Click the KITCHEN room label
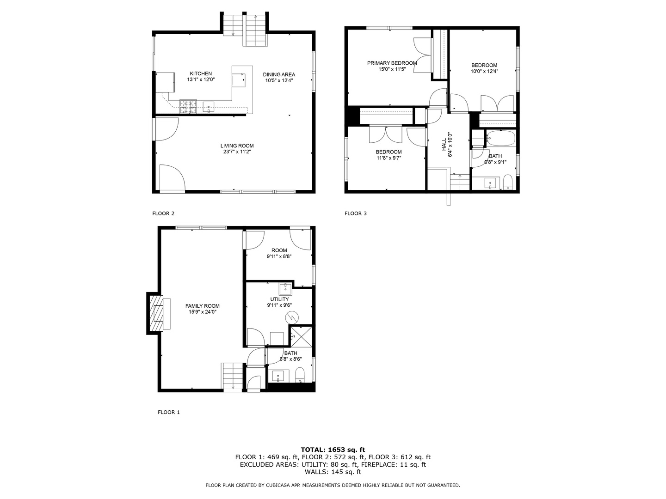(x=201, y=73)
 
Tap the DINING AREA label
(x=279, y=74)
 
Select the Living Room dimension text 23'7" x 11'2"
(x=237, y=152)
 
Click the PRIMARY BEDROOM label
(x=392, y=63)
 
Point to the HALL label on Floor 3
(x=444, y=145)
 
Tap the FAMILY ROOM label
(x=202, y=306)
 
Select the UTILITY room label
(x=279, y=299)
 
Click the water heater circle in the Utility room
(x=292, y=317)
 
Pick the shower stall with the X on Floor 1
(x=301, y=336)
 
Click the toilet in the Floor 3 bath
(x=507, y=183)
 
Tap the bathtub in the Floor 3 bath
(x=501, y=138)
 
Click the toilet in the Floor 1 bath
(x=300, y=375)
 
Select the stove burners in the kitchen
(x=188, y=107)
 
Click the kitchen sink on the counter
(x=209, y=107)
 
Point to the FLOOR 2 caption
(x=163, y=213)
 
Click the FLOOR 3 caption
(x=355, y=213)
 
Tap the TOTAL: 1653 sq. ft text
(x=333, y=450)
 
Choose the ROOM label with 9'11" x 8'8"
(x=279, y=250)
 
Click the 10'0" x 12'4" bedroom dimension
(x=484, y=71)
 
